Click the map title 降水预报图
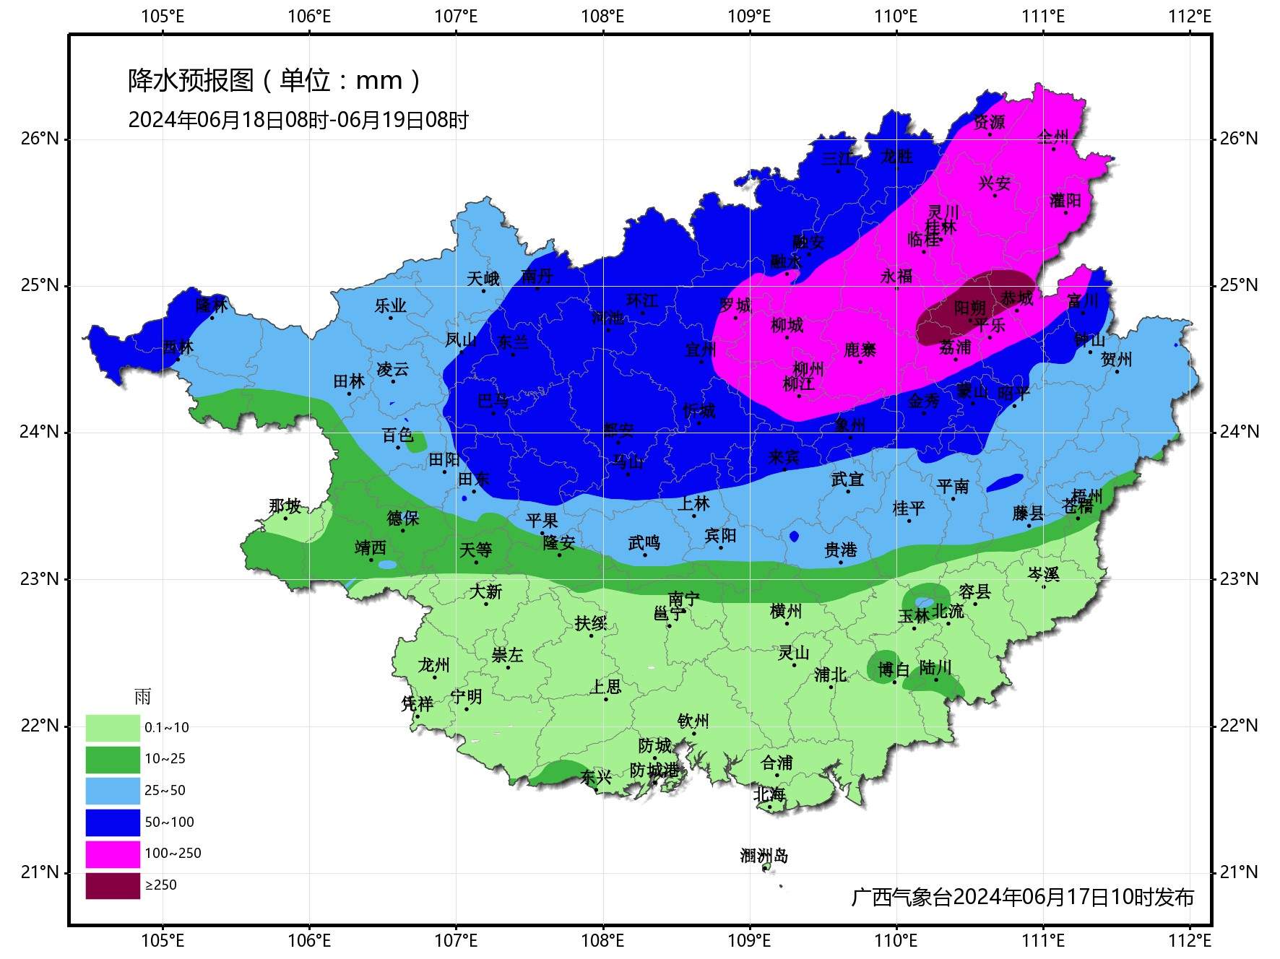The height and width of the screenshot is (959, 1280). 191,80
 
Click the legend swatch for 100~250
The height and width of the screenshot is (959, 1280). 113,854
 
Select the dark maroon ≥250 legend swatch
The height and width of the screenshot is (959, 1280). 113,885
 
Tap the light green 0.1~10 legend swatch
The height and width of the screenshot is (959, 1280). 113,728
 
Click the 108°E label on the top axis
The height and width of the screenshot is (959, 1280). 602,16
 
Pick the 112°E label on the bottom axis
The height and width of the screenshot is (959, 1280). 1190,940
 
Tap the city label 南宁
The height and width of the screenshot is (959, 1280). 683,599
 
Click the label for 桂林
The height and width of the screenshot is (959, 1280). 940,227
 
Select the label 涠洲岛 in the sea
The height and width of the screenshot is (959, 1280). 764,856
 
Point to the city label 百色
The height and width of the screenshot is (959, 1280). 397,435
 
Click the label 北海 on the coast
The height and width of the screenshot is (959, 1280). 769,794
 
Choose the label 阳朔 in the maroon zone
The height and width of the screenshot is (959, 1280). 969,308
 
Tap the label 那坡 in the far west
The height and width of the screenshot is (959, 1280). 285,505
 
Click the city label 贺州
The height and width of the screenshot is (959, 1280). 1116,359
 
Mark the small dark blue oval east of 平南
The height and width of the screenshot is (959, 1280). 1005,482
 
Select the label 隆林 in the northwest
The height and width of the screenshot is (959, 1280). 212,305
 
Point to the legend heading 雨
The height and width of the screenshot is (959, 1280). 142,697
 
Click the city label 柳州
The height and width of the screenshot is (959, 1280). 808,369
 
